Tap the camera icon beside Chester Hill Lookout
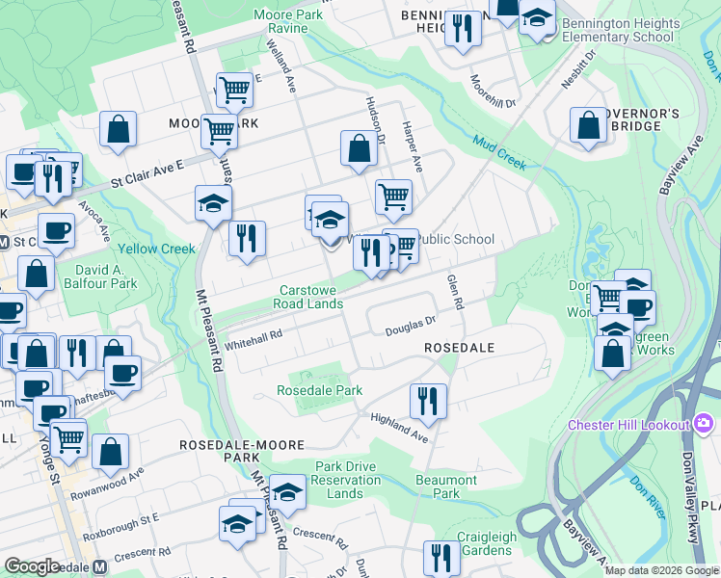[x=704, y=424]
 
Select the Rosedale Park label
[x=319, y=390]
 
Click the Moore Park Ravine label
[x=293, y=21]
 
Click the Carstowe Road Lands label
[x=311, y=297]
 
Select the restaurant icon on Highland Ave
[x=428, y=400]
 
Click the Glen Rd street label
[x=455, y=291]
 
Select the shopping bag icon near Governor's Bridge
[x=588, y=125]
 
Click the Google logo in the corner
[x=31, y=565]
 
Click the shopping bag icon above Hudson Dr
[x=359, y=148]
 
